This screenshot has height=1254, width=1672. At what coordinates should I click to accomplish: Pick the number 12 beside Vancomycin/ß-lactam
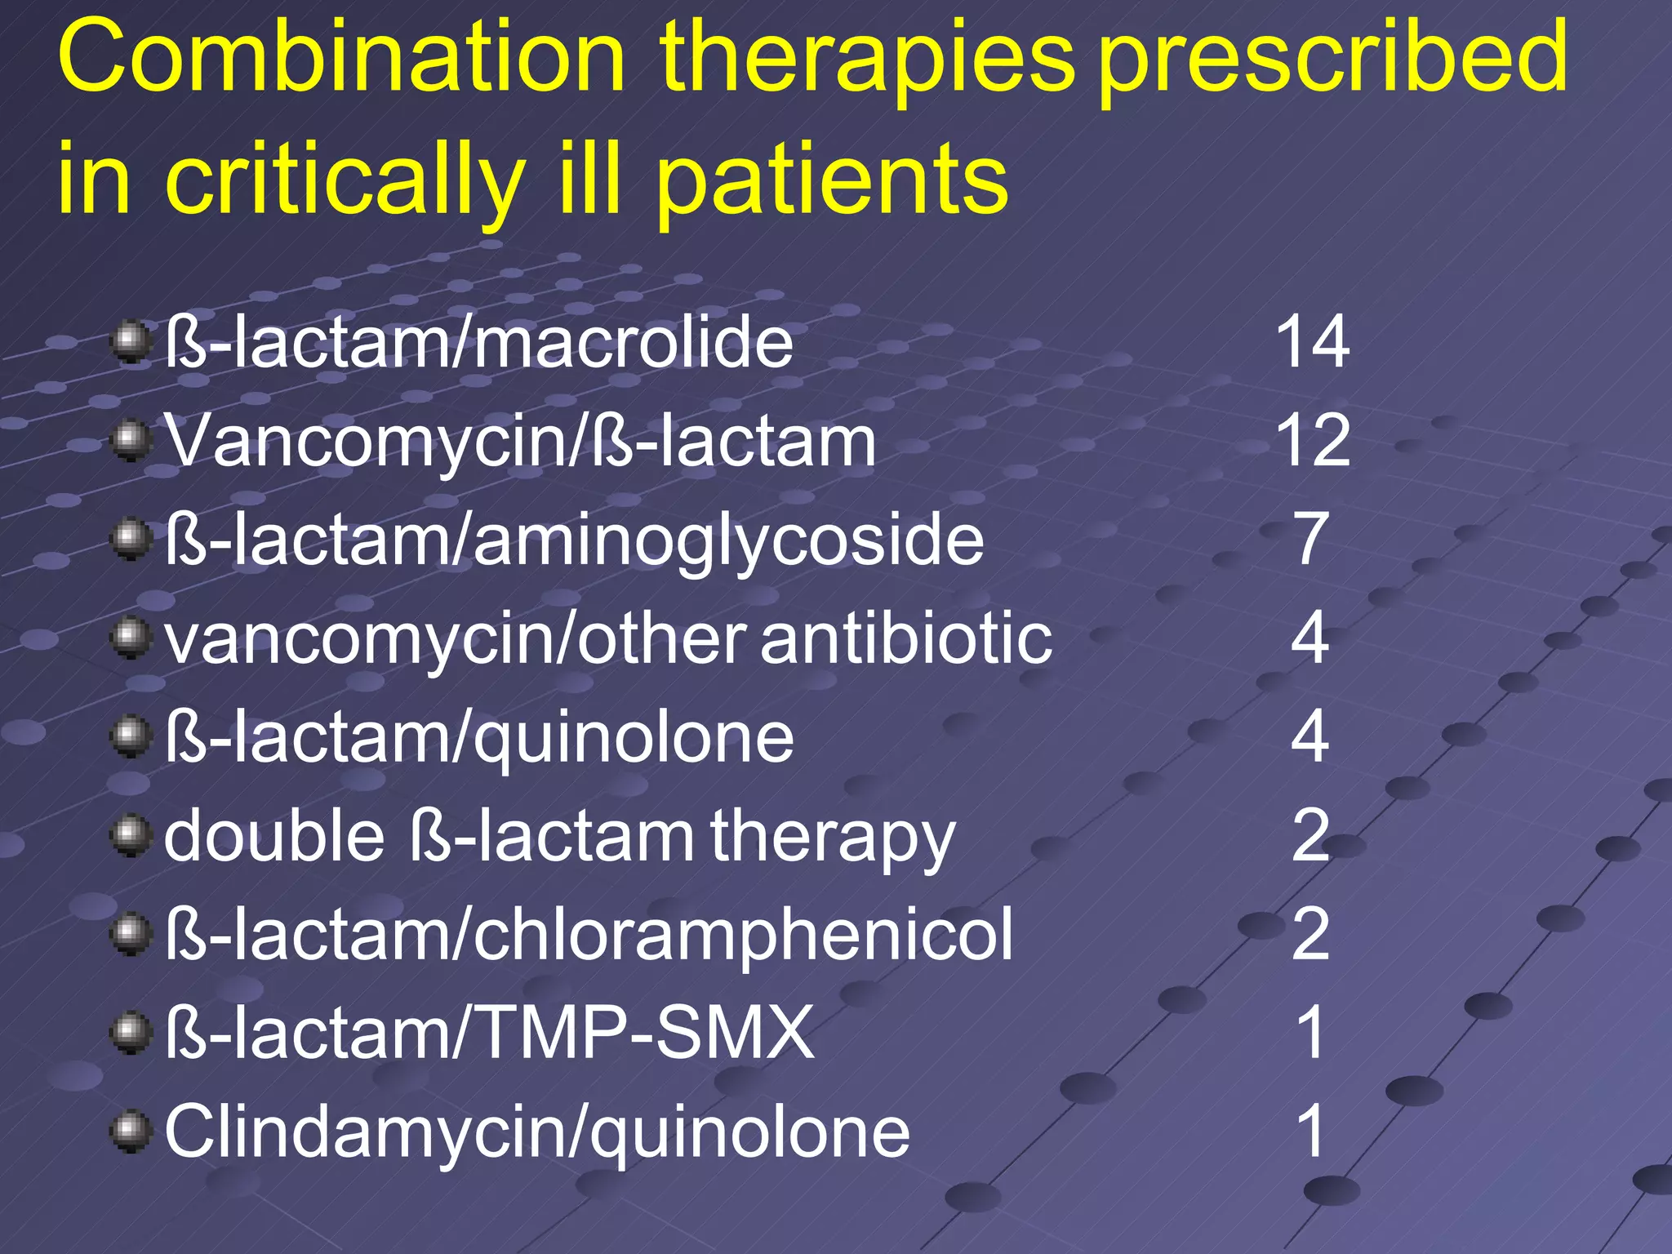tap(1312, 440)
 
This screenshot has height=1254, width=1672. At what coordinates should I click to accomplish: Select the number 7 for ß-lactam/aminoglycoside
tap(1311, 539)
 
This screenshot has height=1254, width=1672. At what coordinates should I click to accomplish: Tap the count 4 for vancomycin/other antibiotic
tap(1310, 638)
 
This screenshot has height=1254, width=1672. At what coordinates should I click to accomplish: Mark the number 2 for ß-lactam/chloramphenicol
tap(1310, 934)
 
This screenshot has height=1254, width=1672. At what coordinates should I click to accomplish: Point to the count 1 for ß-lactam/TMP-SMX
tap(1310, 1033)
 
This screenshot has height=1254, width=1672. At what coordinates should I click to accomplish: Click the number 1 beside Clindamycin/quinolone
tap(1310, 1132)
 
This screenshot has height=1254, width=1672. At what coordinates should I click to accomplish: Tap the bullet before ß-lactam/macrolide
tap(131, 343)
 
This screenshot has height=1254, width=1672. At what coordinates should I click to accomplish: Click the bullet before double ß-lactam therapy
tap(131, 837)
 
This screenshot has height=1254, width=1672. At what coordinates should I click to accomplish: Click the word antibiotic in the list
tap(906, 638)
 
